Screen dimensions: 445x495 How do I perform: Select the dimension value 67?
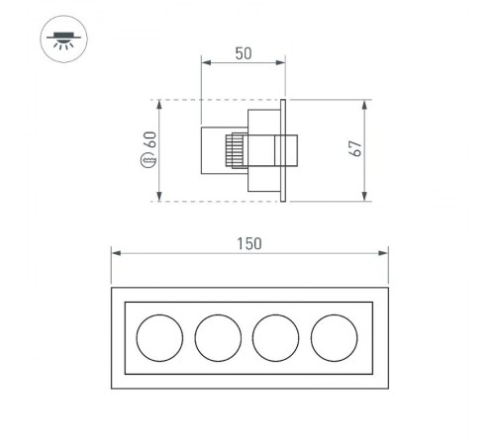tap(355, 149)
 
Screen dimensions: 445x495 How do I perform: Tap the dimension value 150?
tap(248, 243)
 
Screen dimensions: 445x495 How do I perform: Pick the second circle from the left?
tap(218, 339)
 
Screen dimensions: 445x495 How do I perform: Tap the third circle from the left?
tap(275, 339)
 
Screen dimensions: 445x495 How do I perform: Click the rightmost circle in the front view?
tap(334, 339)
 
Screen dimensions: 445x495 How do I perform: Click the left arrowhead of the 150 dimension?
tap(113, 254)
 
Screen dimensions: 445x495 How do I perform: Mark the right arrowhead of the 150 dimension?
tap(384, 254)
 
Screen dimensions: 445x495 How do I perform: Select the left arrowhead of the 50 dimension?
tap(204, 62)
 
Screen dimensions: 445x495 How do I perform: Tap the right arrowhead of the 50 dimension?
tap(281, 62)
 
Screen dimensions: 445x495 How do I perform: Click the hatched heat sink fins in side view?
tap(235, 151)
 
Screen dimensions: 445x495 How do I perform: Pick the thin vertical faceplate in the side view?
tap(284, 150)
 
